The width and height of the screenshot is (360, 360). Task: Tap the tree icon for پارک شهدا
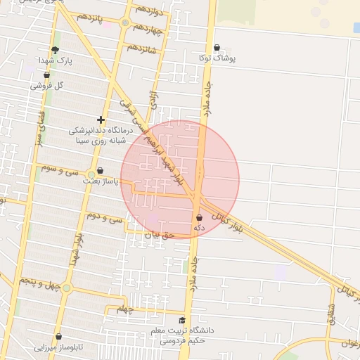click(x=55, y=50)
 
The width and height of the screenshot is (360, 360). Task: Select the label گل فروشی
click(x=48, y=85)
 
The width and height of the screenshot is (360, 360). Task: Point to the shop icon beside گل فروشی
click(x=46, y=74)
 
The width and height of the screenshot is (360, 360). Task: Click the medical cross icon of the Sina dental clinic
click(x=101, y=120)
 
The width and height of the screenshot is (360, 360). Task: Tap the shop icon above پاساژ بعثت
click(x=100, y=170)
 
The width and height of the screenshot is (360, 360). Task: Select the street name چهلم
click(x=124, y=309)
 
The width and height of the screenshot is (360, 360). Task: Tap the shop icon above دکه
click(x=200, y=217)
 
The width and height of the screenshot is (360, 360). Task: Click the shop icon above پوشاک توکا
click(x=217, y=48)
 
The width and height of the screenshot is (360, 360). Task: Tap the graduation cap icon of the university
click(x=183, y=320)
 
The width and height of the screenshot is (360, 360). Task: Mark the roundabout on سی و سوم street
click(x=91, y=174)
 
